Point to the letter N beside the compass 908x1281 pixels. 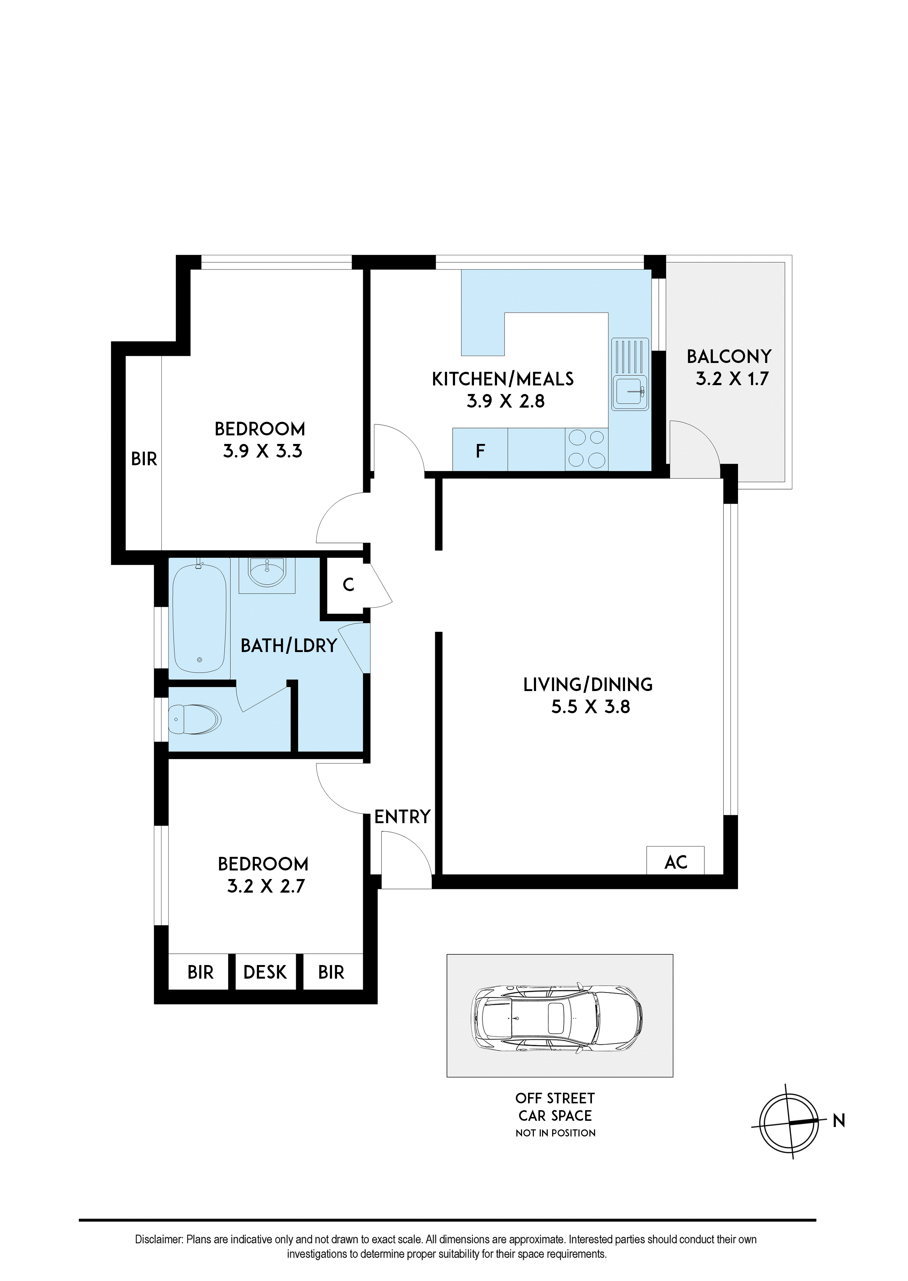pyautogui.click(x=839, y=1121)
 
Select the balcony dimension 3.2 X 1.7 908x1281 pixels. pyautogui.click(x=732, y=379)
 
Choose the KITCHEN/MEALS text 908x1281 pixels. pyautogui.click(x=503, y=379)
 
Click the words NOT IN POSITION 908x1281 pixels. pyautogui.click(x=555, y=1133)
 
